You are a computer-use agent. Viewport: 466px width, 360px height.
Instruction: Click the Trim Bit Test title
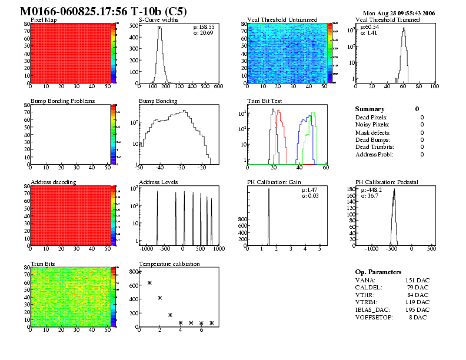(264, 101)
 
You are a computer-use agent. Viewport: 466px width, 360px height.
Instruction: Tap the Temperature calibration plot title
(169, 264)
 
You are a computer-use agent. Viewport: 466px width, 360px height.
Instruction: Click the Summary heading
(370, 109)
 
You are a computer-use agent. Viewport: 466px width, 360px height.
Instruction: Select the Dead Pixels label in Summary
(372, 117)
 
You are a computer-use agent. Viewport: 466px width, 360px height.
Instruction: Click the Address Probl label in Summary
(374, 155)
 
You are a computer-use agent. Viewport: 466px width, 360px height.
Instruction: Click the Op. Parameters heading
(378, 272)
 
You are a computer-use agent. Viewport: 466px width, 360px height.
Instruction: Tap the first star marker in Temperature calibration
(139, 272)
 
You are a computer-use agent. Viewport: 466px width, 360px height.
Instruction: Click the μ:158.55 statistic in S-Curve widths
(204, 26)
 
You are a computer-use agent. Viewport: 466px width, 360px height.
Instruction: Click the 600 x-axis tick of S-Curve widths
(218, 87)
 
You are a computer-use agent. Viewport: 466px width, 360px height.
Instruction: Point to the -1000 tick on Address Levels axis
(140, 249)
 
